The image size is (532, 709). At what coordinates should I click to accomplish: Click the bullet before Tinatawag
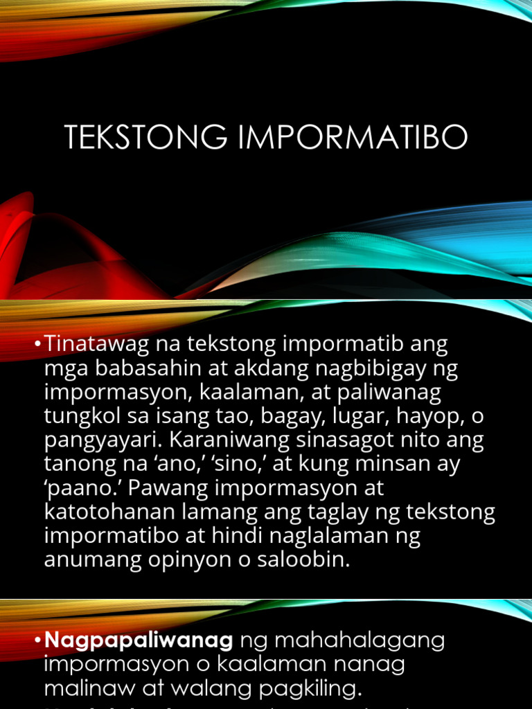tap(39, 344)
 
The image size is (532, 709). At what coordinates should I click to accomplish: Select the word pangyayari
tap(92, 441)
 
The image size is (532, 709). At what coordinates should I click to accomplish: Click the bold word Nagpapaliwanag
tap(139, 640)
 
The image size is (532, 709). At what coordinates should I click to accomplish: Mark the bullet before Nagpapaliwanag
tap(39, 641)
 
